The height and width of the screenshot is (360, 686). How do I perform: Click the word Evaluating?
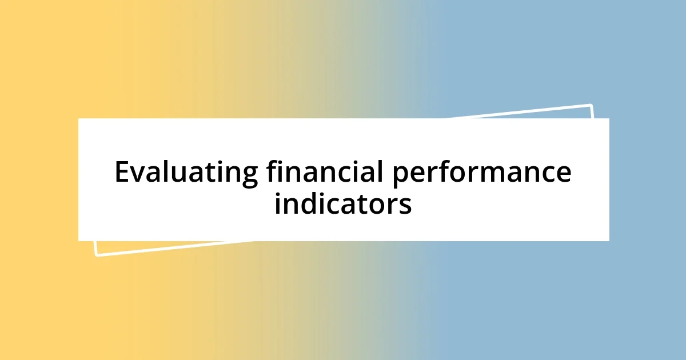pos(186,173)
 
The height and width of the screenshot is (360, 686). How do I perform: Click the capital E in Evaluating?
pos(122,172)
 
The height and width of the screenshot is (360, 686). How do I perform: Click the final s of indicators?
pos(405,206)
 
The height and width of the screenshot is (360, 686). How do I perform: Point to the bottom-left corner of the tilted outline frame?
pos(97,254)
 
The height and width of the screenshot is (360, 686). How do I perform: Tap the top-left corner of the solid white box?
pos(79,119)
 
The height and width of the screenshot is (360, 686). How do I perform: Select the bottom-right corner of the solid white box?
pos(609,241)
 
